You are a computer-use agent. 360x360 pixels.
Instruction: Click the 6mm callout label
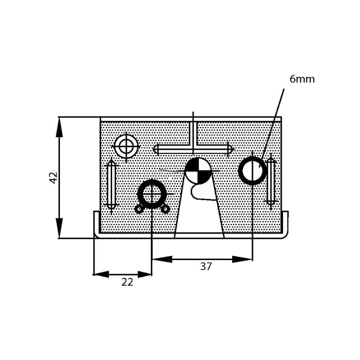click(x=302, y=79)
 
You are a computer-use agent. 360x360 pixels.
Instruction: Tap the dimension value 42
click(x=54, y=177)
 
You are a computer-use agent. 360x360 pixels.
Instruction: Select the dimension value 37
click(x=206, y=266)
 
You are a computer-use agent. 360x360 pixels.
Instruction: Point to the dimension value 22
click(x=127, y=282)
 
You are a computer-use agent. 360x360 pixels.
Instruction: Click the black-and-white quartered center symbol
click(x=198, y=171)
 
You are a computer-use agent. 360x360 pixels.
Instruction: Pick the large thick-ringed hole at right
click(x=252, y=171)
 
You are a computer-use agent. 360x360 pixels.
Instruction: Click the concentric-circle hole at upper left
click(x=126, y=146)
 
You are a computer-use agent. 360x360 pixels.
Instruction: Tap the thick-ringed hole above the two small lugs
click(x=152, y=194)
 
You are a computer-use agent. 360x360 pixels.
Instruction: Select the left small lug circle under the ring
click(x=139, y=209)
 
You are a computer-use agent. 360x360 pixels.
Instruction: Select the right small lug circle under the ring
click(x=165, y=209)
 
